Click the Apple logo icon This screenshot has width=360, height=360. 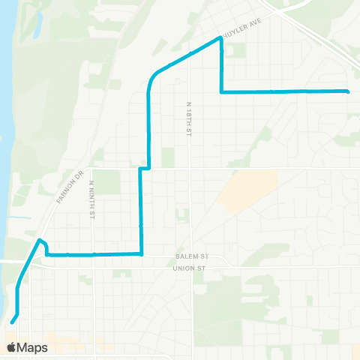click(x=11, y=347)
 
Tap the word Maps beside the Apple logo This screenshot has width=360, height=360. click(x=32, y=347)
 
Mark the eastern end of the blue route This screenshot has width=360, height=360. click(x=348, y=91)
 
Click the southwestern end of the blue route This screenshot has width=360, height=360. click(x=12, y=323)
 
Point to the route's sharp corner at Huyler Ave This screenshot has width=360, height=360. click(x=220, y=37)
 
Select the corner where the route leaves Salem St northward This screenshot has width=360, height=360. click(x=141, y=254)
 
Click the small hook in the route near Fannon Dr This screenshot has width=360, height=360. click(x=42, y=242)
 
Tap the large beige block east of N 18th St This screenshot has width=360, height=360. click(x=250, y=187)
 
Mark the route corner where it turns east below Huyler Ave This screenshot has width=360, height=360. click(x=221, y=92)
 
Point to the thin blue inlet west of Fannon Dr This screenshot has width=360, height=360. click(x=22, y=218)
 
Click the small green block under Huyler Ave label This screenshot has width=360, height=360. click(x=238, y=51)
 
